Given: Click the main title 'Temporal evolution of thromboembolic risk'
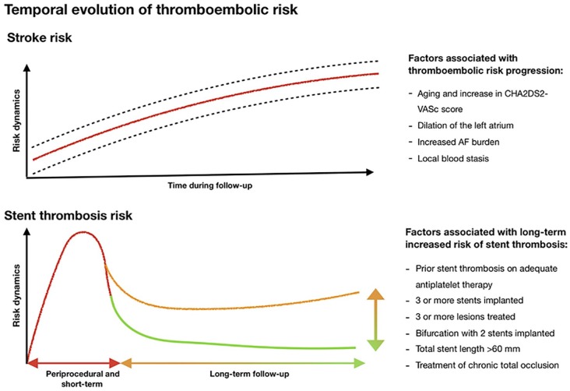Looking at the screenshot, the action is point(151,9).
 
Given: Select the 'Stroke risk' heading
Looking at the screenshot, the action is point(39,37).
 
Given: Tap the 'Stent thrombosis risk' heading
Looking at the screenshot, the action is point(69,215).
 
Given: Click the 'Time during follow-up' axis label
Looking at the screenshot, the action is point(209,185).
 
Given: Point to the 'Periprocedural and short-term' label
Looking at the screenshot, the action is point(83,379).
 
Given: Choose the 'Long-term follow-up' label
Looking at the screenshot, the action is point(249,374).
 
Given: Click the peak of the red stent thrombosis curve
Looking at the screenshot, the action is point(83,232).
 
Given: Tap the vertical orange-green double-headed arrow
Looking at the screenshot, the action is point(375,319).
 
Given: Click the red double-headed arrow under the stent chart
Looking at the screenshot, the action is point(73,363).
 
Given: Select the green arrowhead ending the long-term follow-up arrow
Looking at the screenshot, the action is point(360,363).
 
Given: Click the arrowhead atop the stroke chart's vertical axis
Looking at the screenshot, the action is point(26,68).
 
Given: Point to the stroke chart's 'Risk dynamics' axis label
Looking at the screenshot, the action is point(16,121).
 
